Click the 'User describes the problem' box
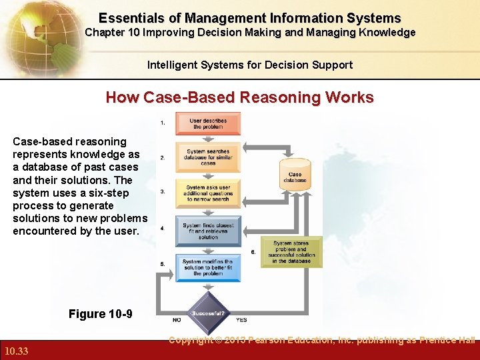pos(208,123)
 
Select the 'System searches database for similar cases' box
pos(208,157)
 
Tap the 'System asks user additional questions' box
pos(208,193)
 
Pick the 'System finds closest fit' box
pos(208,231)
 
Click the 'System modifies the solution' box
pos(208,267)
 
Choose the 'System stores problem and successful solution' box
pos(291,252)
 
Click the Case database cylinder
pos(295,173)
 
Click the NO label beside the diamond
pos(177,319)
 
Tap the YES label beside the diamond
pos(241,319)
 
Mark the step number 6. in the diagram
pos(253,252)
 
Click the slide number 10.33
pos(15,351)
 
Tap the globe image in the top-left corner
pos(30,33)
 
